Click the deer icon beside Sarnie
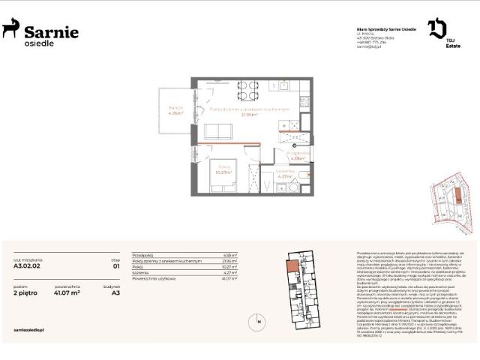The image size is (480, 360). [11, 30]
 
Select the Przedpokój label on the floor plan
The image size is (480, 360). [296, 155]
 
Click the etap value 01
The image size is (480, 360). [116, 265]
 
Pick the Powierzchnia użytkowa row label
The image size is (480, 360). [154, 278]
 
